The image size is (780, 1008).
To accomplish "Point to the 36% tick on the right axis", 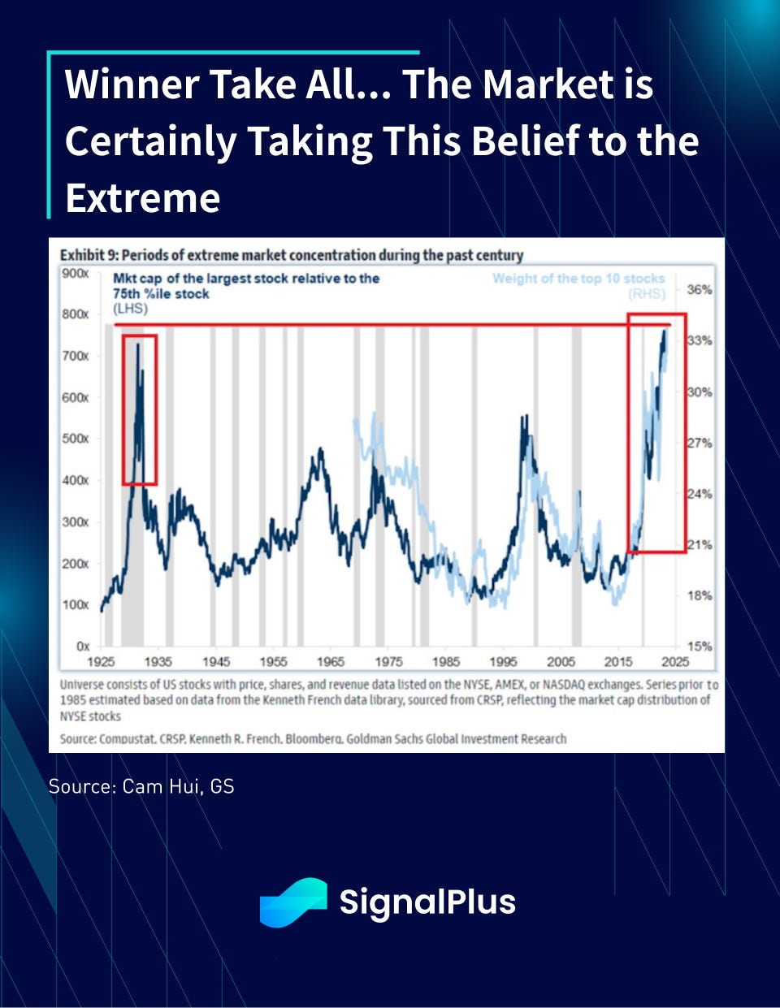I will pos(699,289).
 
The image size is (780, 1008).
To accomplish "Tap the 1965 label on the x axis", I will pos(331,661).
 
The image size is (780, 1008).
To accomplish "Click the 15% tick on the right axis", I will pos(699,647).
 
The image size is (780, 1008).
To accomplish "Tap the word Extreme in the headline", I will pos(142,197).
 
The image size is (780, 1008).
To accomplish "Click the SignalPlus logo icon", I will pos(292,902).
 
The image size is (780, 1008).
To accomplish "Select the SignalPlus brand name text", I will pos(427,902).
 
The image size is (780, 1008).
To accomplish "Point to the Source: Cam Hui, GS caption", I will pos(141,785).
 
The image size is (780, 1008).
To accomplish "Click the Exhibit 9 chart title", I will pos(291,255).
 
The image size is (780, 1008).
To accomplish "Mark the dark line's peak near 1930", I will pos(137,344).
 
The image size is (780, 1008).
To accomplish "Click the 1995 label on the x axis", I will pos(503,661).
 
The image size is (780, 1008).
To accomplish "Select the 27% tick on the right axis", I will pos(699,443).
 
